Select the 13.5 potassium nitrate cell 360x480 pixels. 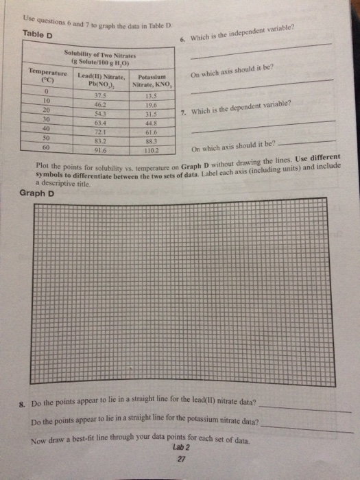tap(153, 97)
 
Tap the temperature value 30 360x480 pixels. tap(45, 118)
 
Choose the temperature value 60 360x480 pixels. tap(45, 146)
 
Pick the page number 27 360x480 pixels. tap(182, 459)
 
